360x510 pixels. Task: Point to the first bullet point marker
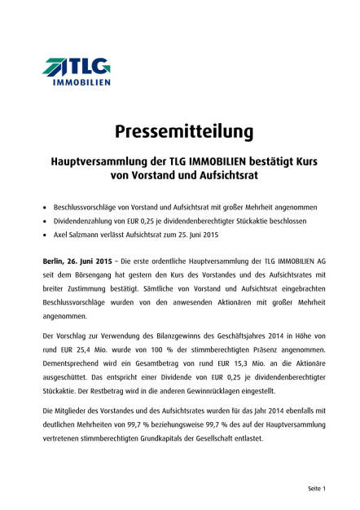pyautogui.click(x=46, y=207)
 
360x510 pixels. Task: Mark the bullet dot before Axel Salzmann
pyautogui.click(x=46, y=235)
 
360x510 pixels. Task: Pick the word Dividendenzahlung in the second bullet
pyautogui.click(x=86, y=221)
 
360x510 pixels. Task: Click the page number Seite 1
pyautogui.click(x=316, y=488)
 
